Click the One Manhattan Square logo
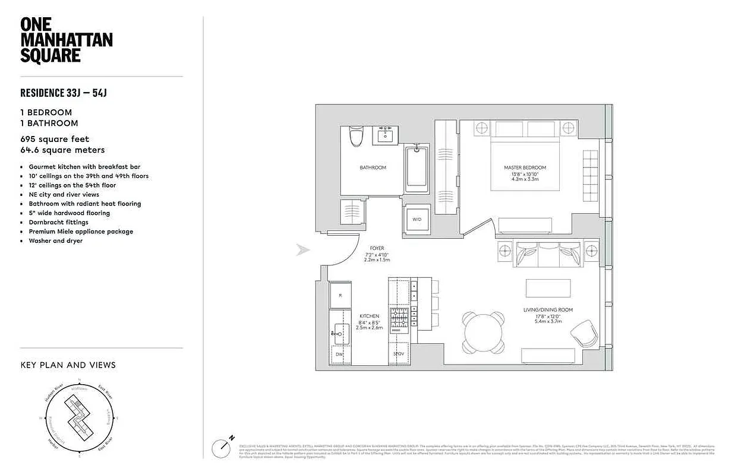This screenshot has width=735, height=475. click(x=66, y=40)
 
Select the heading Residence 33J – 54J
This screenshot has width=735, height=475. click(x=63, y=93)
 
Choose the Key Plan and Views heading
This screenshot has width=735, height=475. click(x=68, y=365)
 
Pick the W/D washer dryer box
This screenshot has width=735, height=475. click(x=417, y=219)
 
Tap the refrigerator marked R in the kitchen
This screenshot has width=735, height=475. click(x=340, y=295)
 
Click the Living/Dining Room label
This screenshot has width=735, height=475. click(x=540, y=309)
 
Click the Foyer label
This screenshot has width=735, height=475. click(x=377, y=248)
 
